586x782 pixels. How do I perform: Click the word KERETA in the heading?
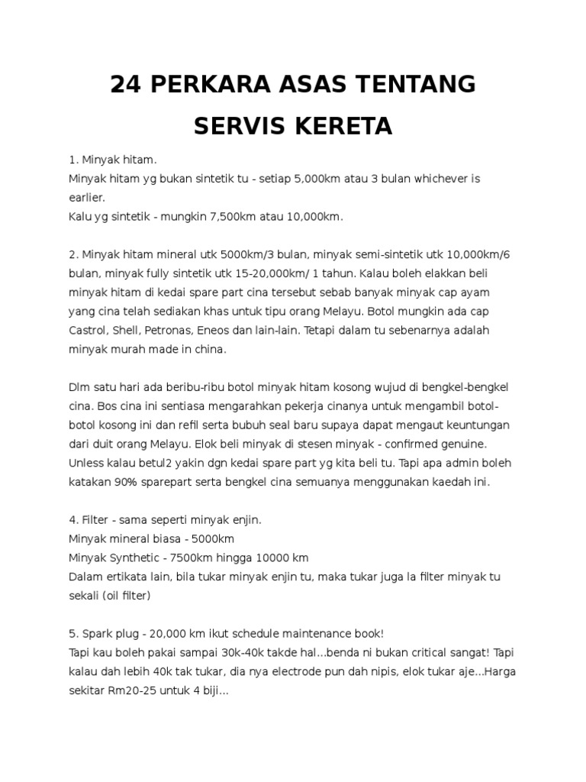click(x=350, y=126)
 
